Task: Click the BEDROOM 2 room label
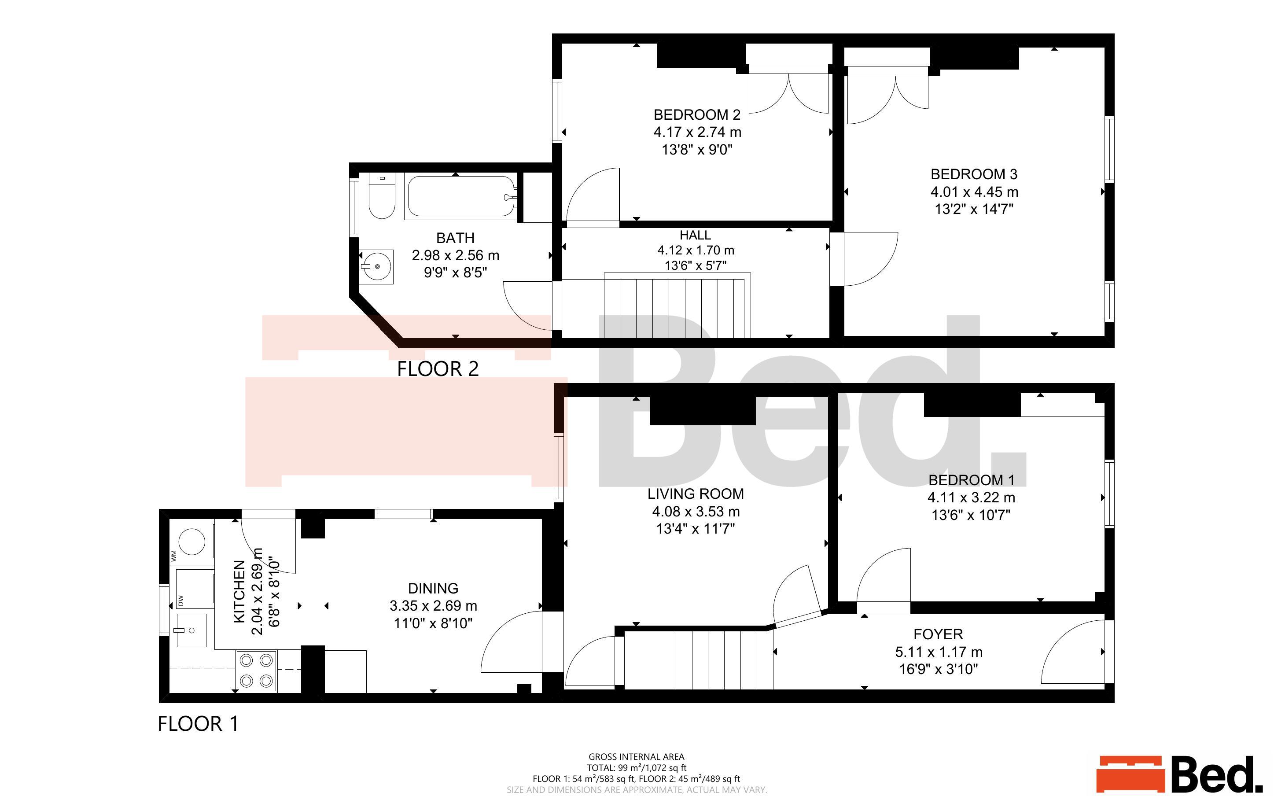(697, 115)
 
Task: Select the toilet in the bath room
(382, 197)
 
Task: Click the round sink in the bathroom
(377, 267)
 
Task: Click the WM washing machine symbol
(192, 542)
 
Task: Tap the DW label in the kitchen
(180, 600)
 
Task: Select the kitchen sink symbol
(191, 630)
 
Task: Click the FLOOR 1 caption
(198, 724)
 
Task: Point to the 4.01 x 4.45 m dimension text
(974, 192)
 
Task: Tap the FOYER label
(938, 634)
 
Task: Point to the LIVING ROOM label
(695, 494)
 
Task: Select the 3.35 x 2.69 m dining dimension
(433, 606)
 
